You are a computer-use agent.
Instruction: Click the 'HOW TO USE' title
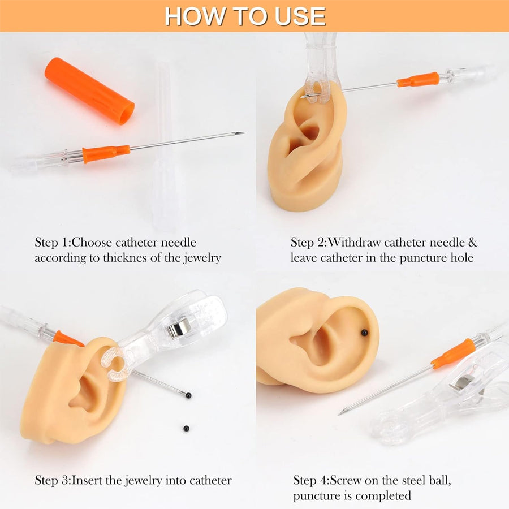click(245, 16)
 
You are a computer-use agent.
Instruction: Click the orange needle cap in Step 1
click(89, 90)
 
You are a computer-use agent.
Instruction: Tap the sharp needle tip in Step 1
click(242, 133)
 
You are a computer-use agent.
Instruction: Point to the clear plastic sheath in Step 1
click(164, 147)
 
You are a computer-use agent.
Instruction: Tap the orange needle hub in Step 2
click(418, 80)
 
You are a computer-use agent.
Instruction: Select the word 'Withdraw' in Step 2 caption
click(354, 243)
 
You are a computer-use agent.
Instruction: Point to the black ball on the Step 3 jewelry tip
click(188, 395)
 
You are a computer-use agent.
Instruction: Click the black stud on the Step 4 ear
click(364, 332)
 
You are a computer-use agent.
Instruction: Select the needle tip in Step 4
click(340, 413)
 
